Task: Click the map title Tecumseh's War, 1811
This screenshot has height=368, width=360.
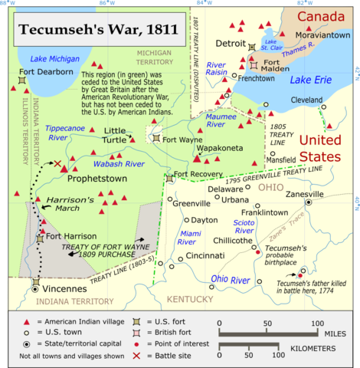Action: point(94,31)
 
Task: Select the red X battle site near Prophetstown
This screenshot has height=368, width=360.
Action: point(57,163)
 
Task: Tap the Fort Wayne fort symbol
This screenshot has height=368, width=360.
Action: point(156,139)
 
